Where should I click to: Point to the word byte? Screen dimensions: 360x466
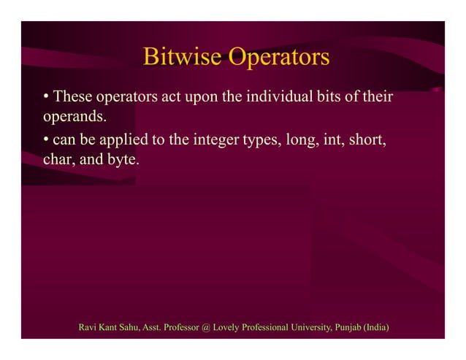point(121,158)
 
